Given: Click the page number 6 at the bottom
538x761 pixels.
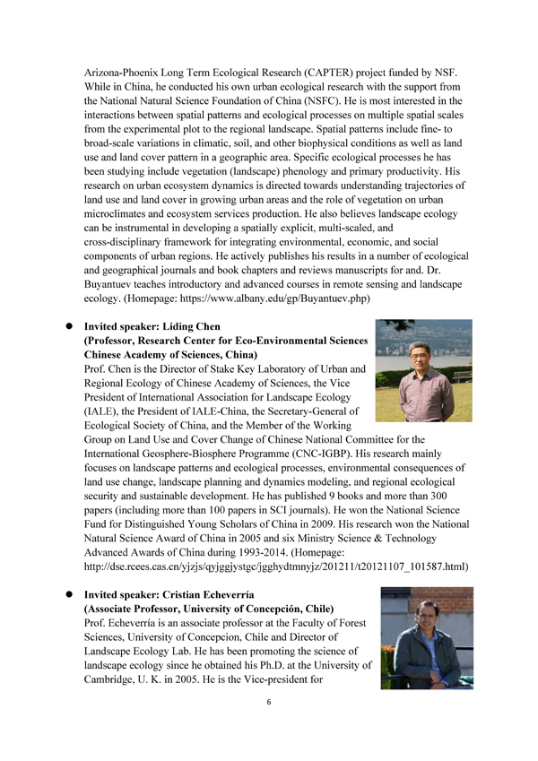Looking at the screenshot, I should tap(269, 702).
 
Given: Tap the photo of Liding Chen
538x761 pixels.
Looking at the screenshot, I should tap(424, 370).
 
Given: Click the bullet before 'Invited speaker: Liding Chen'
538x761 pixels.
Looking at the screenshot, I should tap(66, 327).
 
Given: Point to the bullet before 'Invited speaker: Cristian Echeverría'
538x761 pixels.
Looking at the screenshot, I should tap(66, 594).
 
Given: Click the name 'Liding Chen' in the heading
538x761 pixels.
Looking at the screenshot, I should tap(189, 327).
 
